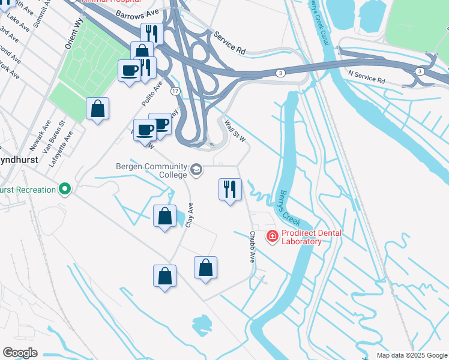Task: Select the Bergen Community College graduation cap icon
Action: click(x=196, y=171)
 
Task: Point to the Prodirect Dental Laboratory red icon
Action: click(x=272, y=237)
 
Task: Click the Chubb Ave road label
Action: click(x=253, y=247)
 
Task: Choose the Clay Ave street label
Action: click(x=190, y=214)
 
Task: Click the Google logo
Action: click(x=20, y=353)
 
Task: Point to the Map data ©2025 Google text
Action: click(x=411, y=355)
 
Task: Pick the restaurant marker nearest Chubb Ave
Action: click(x=229, y=190)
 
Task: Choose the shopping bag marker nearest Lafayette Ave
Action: click(x=97, y=109)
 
